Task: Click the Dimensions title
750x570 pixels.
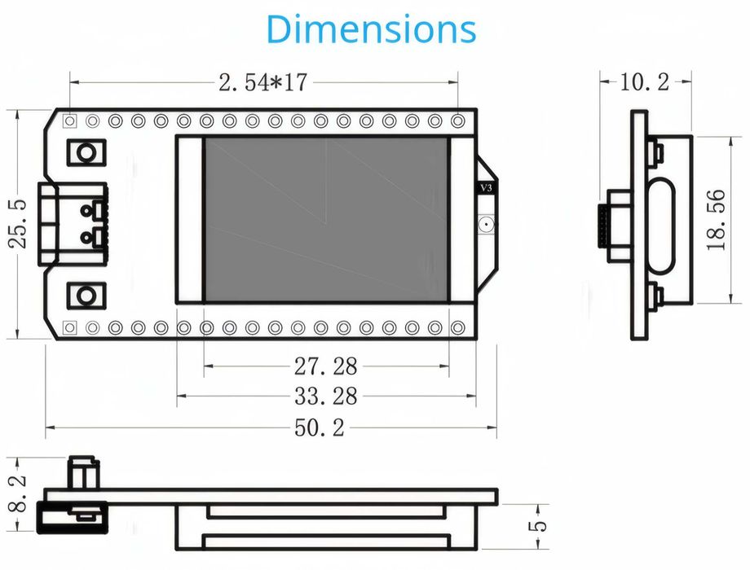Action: tap(371, 29)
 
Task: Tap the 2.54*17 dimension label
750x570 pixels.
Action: tap(262, 82)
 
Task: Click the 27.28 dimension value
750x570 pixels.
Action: tap(325, 366)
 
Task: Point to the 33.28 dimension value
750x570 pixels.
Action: tap(325, 396)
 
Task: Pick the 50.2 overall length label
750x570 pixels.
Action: tap(320, 427)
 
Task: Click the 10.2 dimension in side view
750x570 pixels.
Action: tap(645, 81)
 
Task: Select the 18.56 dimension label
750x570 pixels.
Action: tap(717, 220)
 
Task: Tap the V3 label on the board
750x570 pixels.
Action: tap(486, 188)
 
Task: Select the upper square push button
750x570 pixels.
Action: tap(86, 151)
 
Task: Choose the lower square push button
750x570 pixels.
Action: tap(86, 295)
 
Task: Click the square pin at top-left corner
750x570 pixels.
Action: tap(70, 121)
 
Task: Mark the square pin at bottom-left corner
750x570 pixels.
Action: tap(70, 327)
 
